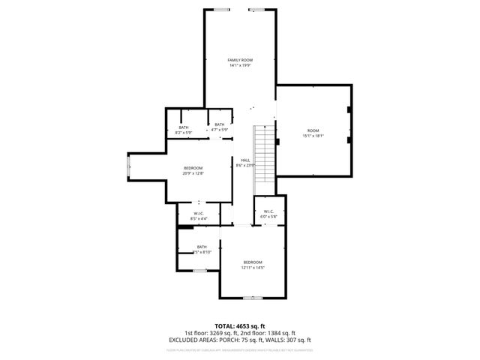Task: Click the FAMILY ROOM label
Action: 240,59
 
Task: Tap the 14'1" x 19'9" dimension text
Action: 240,65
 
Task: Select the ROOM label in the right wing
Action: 313,130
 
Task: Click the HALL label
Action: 245,160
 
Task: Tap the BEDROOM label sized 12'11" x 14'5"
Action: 253,262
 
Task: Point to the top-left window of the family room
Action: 221,10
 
